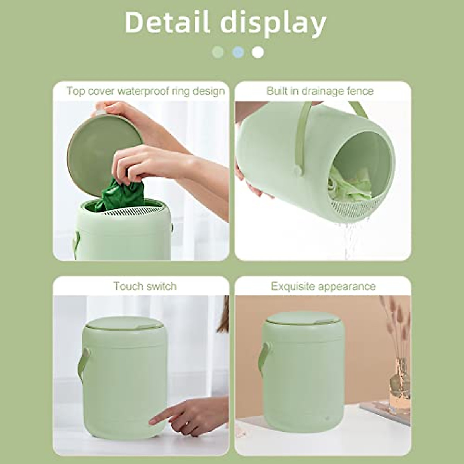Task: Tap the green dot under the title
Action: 218,52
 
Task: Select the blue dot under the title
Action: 238,52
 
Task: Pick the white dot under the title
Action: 258,52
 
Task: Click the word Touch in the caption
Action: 129,286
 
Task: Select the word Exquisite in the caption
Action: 293,287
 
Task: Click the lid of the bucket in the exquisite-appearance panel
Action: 304,318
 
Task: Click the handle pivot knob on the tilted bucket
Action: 298,170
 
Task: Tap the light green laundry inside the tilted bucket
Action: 348,186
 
